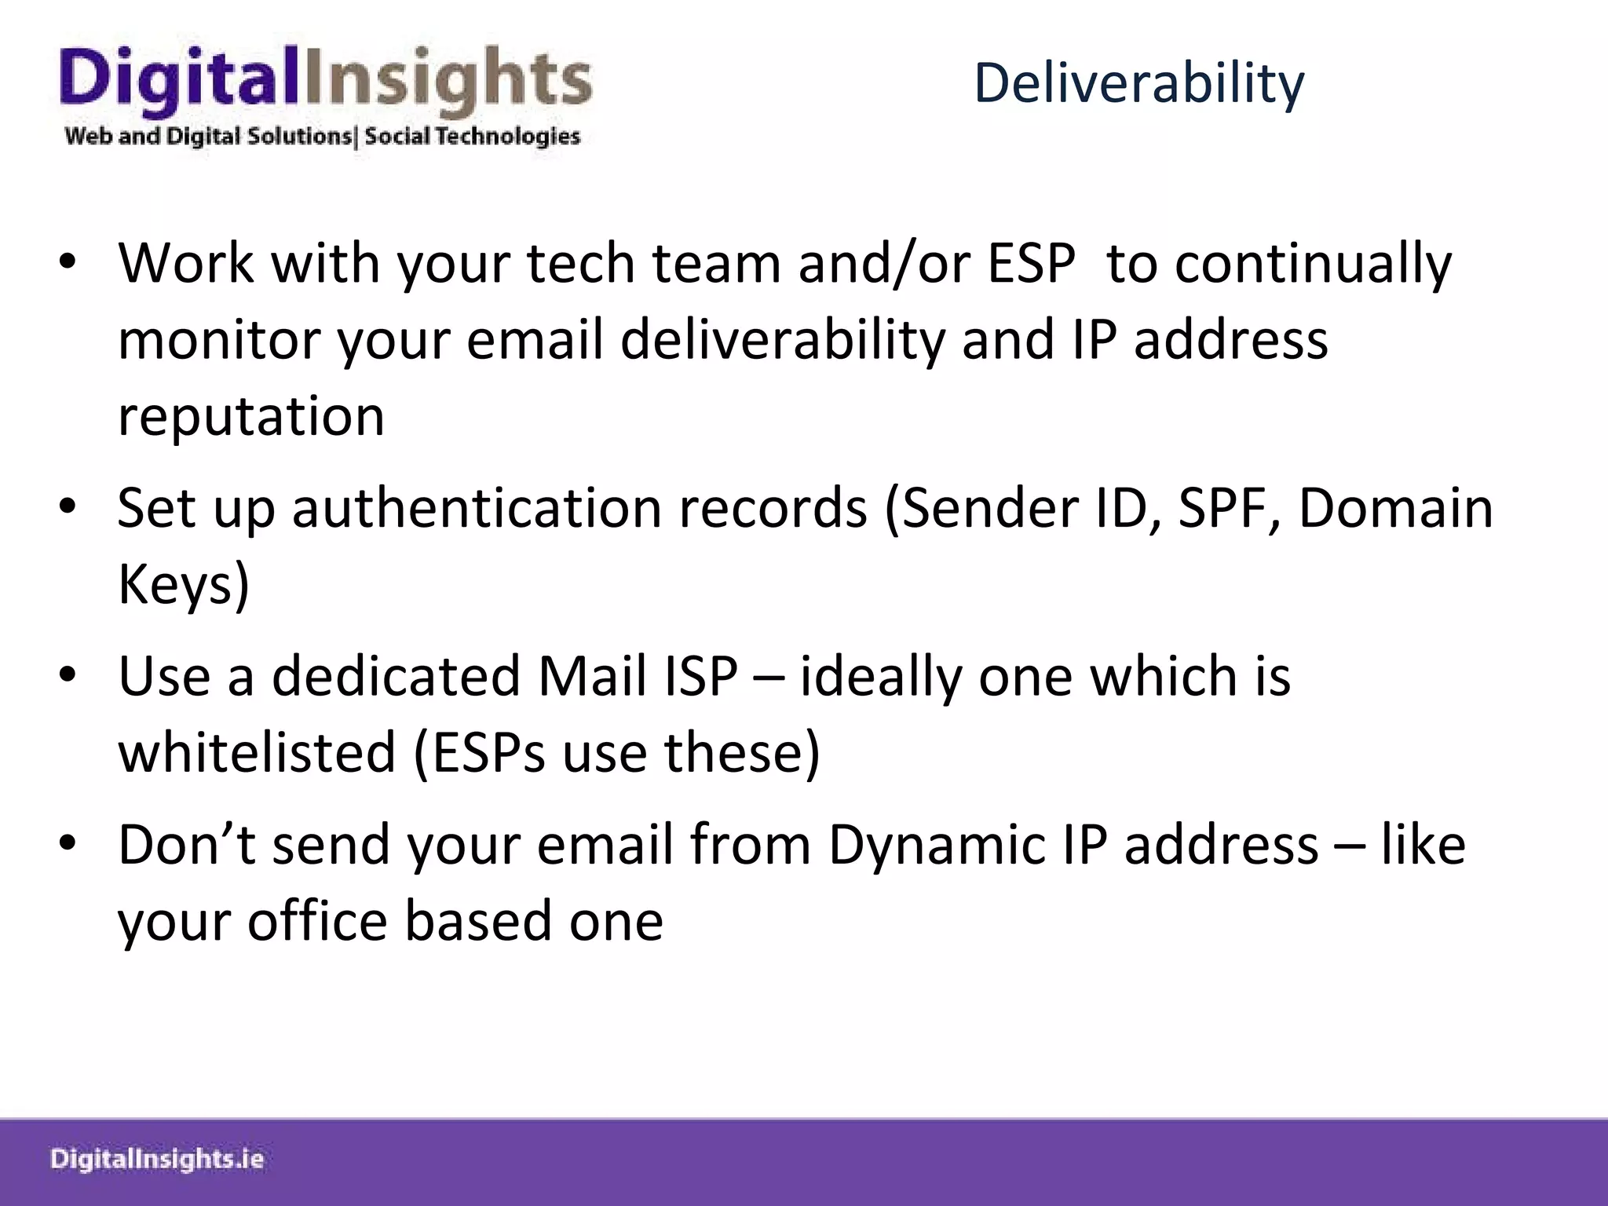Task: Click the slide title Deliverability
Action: coord(1138,83)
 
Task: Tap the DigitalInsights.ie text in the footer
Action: coord(157,1160)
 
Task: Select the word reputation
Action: coord(251,416)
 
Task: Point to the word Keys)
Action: coord(184,585)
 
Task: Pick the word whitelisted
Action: coord(257,753)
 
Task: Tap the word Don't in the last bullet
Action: coord(187,846)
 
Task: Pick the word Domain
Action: coord(1395,508)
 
